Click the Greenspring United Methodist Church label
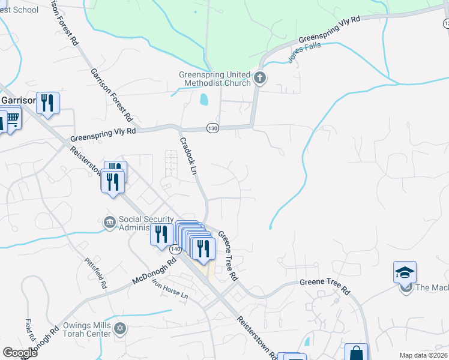pyautogui.click(x=215, y=79)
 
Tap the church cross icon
pyautogui.click(x=260, y=77)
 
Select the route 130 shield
pyautogui.click(x=212, y=128)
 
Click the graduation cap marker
pyautogui.click(x=405, y=272)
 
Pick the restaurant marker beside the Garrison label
pyautogui.click(x=47, y=103)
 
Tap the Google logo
pyautogui.click(x=20, y=353)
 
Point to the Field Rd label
pyautogui.click(x=28, y=327)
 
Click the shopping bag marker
pyautogui.click(x=356, y=353)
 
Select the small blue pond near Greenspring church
pyautogui.click(x=203, y=99)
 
